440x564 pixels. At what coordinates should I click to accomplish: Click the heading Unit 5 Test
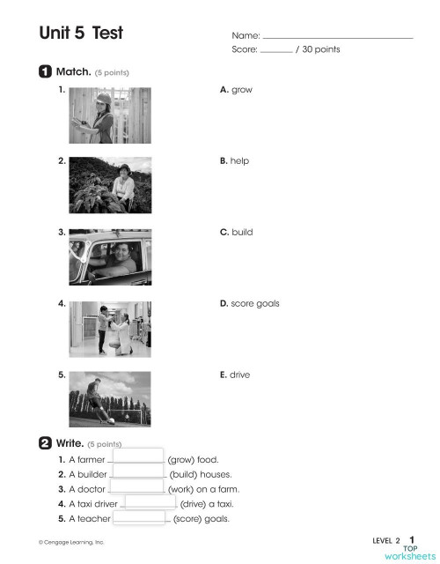pyautogui.click(x=80, y=33)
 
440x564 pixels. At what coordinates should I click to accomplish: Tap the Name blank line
pyautogui.click(x=338, y=36)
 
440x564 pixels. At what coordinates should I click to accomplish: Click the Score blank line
pyautogui.click(x=276, y=50)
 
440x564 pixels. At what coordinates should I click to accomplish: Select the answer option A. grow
pyautogui.click(x=235, y=90)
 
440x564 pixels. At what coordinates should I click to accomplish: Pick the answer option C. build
pyautogui.click(x=236, y=233)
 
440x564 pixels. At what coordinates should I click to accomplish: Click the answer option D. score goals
pyautogui.click(x=249, y=303)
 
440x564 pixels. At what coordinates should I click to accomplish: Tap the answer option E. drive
pyautogui.click(x=235, y=375)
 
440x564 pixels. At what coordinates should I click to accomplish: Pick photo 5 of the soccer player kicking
pyautogui.click(x=109, y=397)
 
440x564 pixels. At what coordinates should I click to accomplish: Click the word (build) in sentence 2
pyautogui.click(x=187, y=474)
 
